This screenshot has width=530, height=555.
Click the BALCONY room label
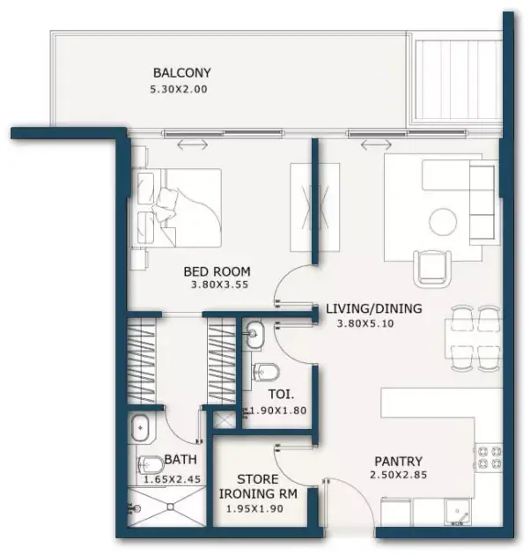182,72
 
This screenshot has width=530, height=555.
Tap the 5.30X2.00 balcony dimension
179,89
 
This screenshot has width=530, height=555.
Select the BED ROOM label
217,271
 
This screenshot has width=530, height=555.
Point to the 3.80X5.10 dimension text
365,323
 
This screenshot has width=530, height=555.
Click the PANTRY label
399,462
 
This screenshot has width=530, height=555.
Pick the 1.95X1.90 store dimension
254,508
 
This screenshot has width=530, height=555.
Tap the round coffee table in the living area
443,221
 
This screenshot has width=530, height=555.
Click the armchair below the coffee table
432,268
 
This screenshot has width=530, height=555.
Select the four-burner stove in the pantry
490,457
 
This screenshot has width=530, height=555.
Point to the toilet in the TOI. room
266,373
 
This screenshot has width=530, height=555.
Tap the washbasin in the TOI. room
254,334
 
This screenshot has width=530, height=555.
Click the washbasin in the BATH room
141,428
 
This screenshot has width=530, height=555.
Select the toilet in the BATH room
149,465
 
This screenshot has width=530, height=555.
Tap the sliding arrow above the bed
193,144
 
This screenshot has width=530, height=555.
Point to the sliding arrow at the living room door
376,144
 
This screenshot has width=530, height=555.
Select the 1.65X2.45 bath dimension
172,479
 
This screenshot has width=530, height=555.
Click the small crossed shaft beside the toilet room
225,420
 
